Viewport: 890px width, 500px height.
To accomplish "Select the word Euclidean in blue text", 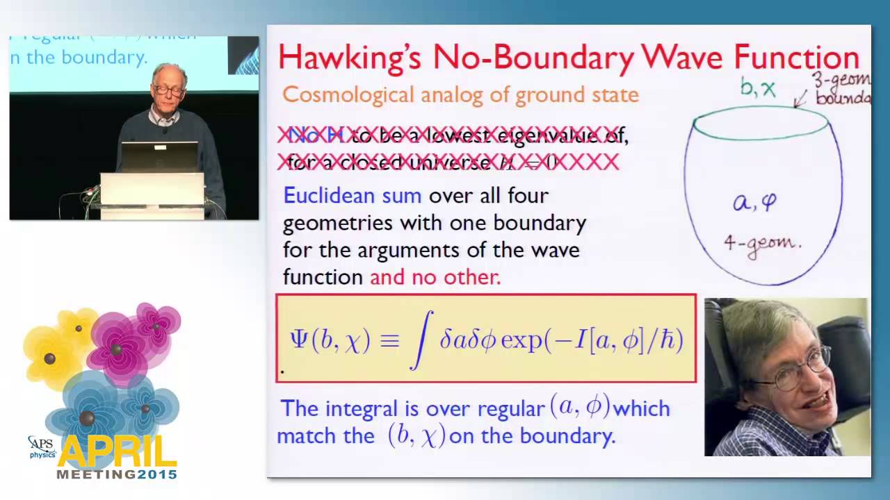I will pyautogui.click(x=352, y=196).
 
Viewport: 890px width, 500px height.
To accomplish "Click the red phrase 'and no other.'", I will pyautogui.click(x=435, y=277).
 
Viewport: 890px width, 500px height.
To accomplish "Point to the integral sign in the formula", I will pyautogui.click(x=422, y=340).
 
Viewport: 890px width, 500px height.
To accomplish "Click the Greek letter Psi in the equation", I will pyautogui.click(x=299, y=340).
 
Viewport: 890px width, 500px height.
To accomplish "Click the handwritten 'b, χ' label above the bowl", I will pyautogui.click(x=757, y=89).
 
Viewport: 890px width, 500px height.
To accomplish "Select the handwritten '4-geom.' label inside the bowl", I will pyautogui.click(x=763, y=244).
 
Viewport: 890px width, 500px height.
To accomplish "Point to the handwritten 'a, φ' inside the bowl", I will pyautogui.click(x=754, y=203).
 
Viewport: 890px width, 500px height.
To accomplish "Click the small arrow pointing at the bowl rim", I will pyautogui.click(x=801, y=98).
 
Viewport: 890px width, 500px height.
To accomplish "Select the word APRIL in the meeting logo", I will pyautogui.click(x=118, y=453).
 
